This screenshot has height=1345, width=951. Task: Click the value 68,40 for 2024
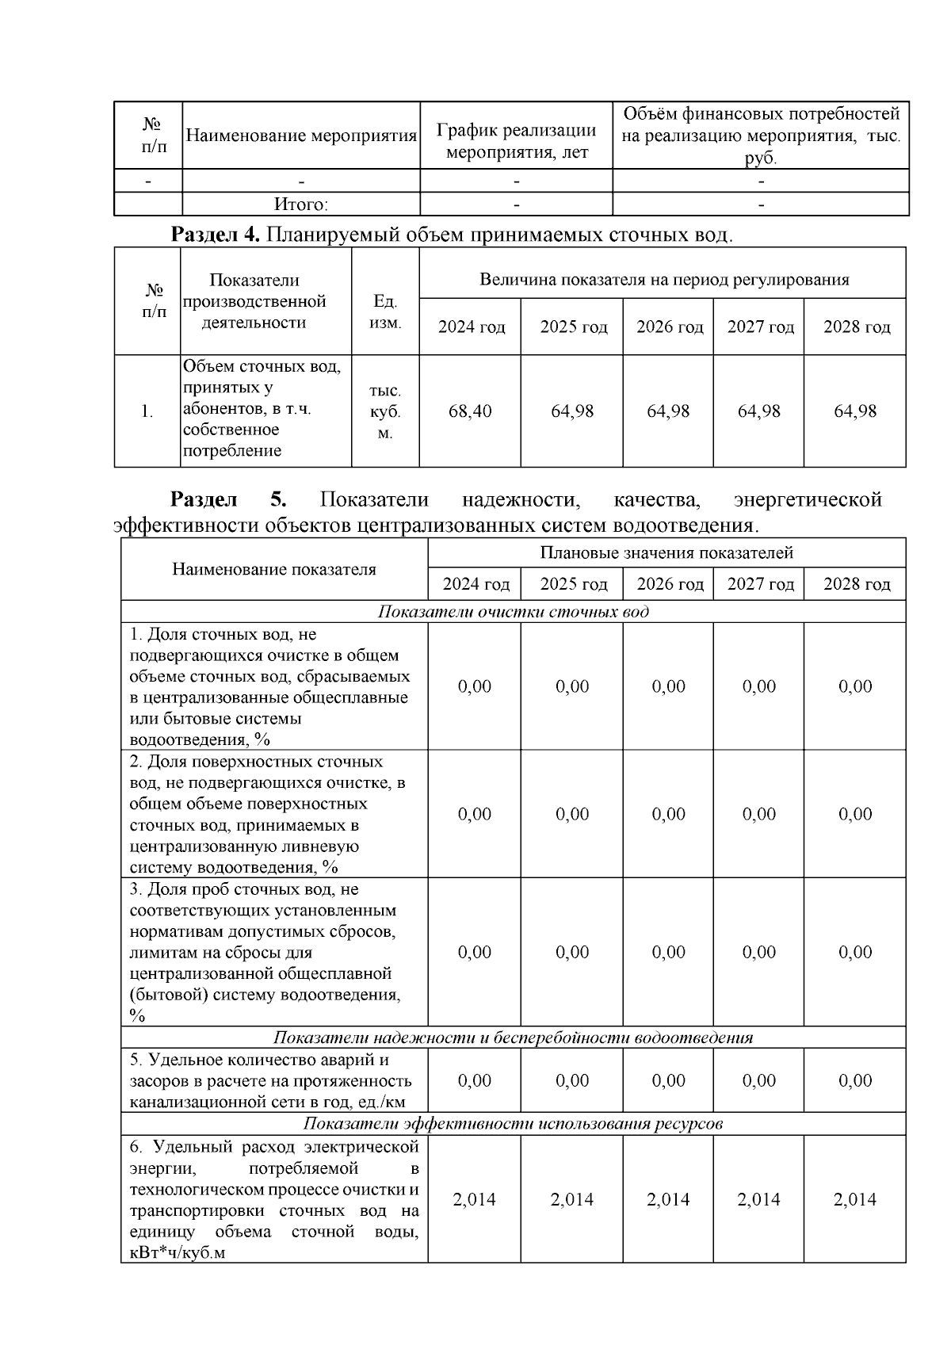pyautogui.click(x=470, y=411)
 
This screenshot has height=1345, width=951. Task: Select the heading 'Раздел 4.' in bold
pyautogui.click(x=216, y=235)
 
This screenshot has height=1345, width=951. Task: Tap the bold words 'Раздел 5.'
pyautogui.click(x=228, y=500)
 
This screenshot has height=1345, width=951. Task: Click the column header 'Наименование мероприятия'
pyautogui.click(x=301, y=136)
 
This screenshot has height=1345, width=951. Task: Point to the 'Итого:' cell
pyautogui.click(x=301, y=204)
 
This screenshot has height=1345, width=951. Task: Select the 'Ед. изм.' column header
pyautogui.click(x=385, y=312)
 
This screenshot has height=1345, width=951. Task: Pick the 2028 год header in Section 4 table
pyautogui.click(x=856, y=327)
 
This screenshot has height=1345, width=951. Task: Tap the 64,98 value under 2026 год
pyautogui.click(x=668, y=411)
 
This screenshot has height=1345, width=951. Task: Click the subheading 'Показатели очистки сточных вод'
pyautogui.click(x=513, y=612)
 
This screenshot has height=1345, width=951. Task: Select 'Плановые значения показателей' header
pyautogui.click(x=666, y=552)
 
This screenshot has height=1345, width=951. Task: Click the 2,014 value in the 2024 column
pyautogui.click(x=474, y=1200)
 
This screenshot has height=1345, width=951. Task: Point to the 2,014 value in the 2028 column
pyautogui.click(x=855, y=1200)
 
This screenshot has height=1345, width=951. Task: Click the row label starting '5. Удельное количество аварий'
pyautogui.click(x=271, y=1081)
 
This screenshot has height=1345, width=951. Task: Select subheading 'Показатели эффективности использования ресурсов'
pyautogui.click(x=513, y=1124)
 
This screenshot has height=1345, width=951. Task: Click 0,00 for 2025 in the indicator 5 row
pyautogui.click(x=572, y=1081)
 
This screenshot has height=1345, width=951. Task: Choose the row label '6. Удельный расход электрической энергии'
pyautogui.click(x=274, y=1200)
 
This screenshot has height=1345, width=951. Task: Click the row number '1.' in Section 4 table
pyautogui.click(x=147, y=411)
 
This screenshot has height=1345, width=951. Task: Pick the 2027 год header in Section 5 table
pyautogui.click(x=760, y=584)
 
